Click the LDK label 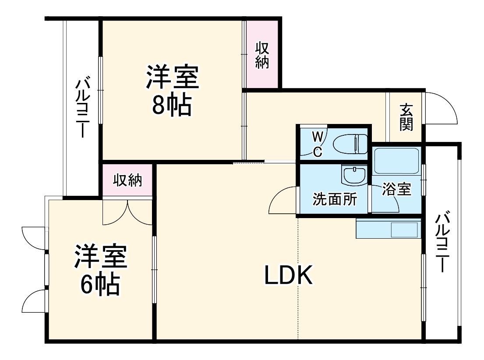[289, 275]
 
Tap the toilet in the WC [350, 144]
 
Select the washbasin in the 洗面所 [354, 176]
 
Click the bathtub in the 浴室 [397, 161]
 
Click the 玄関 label [406, 117]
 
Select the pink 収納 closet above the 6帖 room [127, 180]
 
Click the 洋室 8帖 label [172, 90]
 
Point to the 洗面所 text [334, 200]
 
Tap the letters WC [318, 144]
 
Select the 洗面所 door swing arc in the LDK [282, 200]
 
